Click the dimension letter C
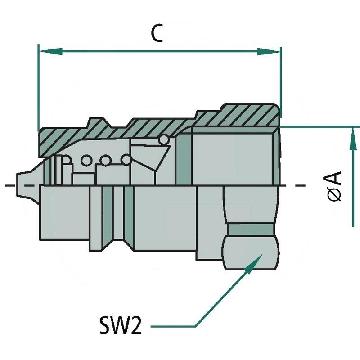(x=157, y=34)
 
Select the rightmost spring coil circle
(x=126, y=160)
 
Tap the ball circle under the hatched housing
(x=164, y=140)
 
